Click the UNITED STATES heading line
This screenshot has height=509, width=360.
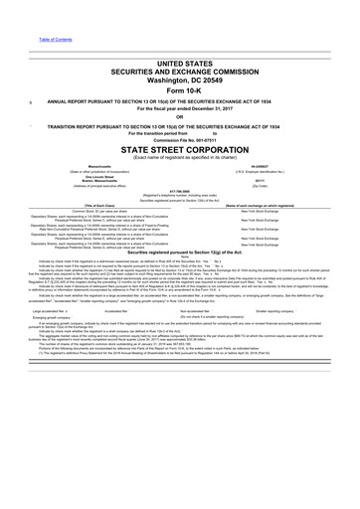tap(180, 62)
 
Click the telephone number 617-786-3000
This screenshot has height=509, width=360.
tap(180, 208)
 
